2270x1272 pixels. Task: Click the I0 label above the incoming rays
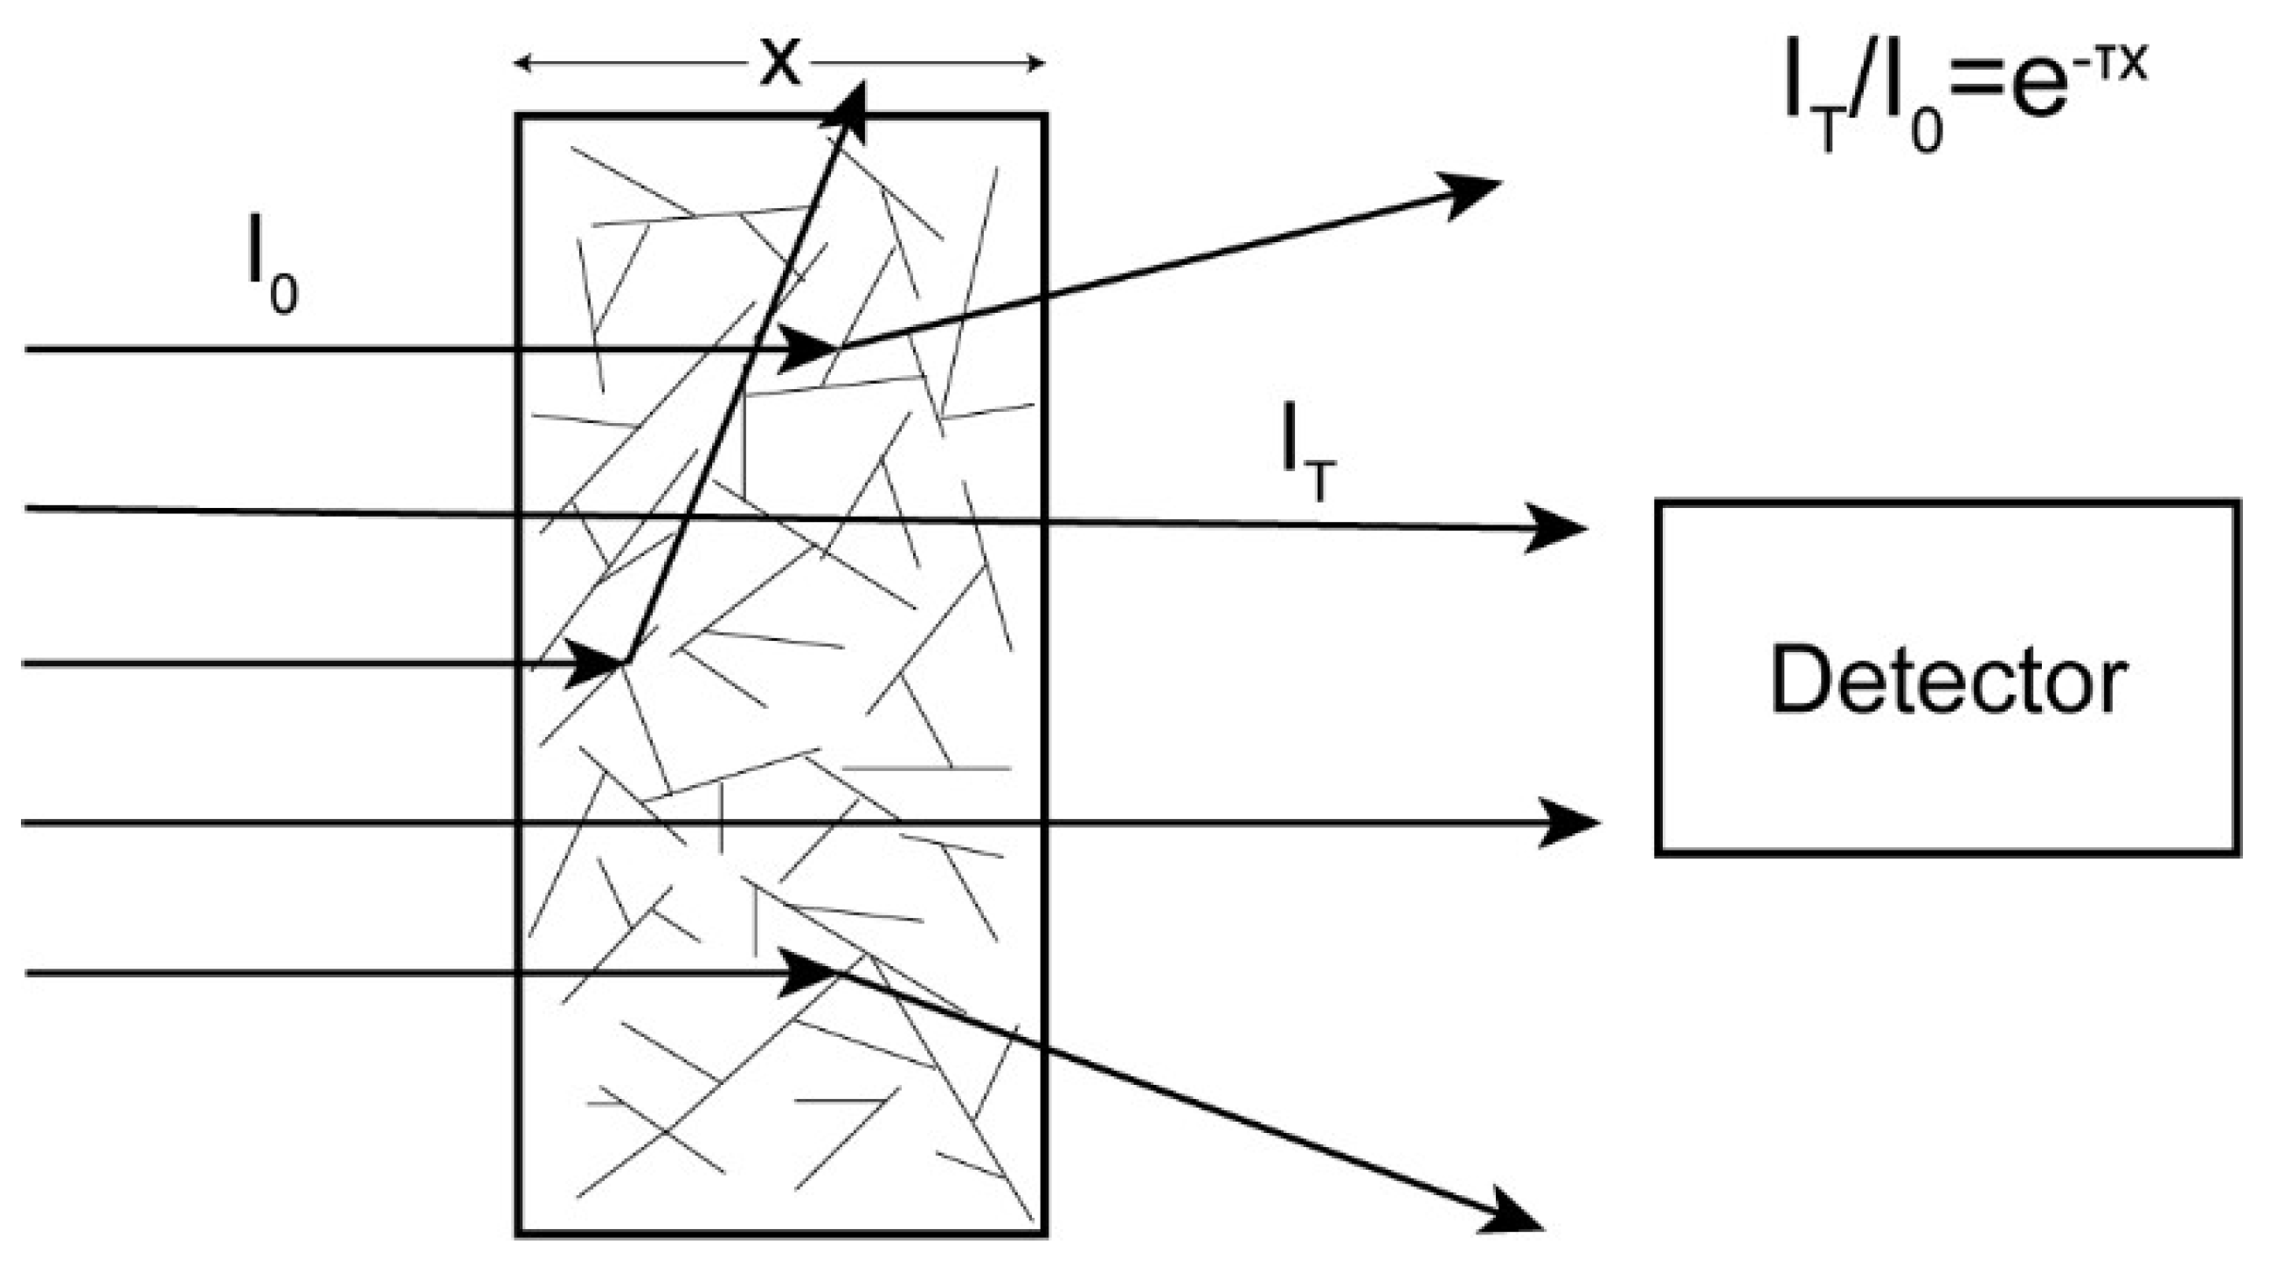point(273,275)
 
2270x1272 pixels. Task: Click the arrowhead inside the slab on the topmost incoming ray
point(809,349)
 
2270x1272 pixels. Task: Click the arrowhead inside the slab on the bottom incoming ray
point(809,973)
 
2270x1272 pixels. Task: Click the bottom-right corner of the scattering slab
point(1045,1234)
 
